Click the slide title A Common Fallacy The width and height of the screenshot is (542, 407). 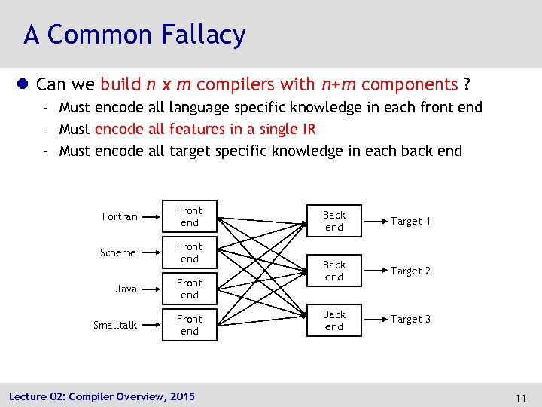pos(134,35)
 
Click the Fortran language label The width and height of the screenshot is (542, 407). pos(120,216)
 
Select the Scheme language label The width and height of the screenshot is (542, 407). pos(118,252)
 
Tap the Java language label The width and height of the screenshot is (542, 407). pos(126,289)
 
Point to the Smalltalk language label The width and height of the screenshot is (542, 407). pos(115,325)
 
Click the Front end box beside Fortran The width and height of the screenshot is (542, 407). pos(190,216)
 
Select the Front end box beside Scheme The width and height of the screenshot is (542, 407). pos(190,252)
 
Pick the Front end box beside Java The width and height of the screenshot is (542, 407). pos(190,289)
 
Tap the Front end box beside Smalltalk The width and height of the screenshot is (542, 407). pos(190,325)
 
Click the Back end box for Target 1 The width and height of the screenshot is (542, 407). pos(334,221)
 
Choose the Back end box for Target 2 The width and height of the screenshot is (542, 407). pos(334,271)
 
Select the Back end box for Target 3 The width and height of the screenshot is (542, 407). pos(334,320)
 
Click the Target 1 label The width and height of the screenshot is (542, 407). pos(410,221)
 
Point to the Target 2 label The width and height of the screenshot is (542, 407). pos(410,271)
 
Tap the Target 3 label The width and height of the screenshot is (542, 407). pos(410,319)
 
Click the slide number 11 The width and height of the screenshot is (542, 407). pos(519,396)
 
